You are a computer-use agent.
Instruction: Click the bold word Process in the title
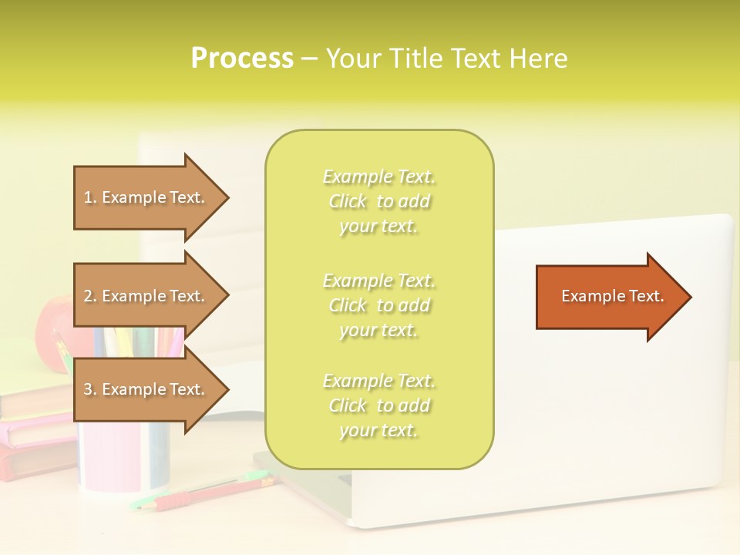tap(242, 59)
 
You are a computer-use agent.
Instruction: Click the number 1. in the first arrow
tap(90, 198)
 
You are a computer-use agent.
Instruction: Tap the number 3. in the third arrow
tap(90, 390)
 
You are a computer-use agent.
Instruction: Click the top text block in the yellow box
tap(378, 201)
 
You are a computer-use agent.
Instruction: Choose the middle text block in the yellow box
tap(378, 305)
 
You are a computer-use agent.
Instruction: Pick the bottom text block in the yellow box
tap(378, 405)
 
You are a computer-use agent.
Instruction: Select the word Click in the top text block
tap(348, 202)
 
